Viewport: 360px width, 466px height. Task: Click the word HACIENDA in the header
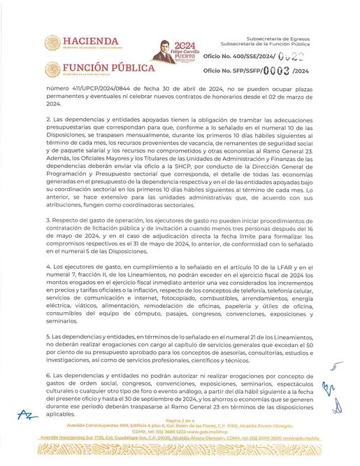coord(92,41)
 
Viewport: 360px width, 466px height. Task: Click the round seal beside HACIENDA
coord(52,43)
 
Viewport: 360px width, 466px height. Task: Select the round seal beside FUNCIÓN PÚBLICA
coord(52,69)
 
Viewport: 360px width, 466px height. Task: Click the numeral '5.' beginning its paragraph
coord(48,337)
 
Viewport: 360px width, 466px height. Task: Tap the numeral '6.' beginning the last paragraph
coord(48,376)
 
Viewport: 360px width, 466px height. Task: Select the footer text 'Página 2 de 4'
coord(180,420)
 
